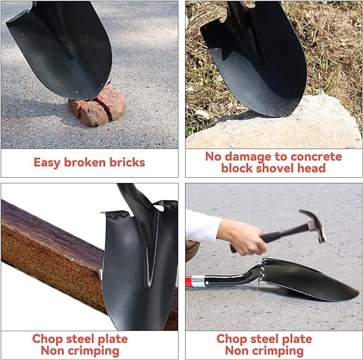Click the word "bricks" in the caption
pyautogui.click(x=127, y=162)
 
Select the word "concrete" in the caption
pyautogui.click(x=316, y=157)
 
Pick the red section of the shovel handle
pyautogui.click(x=189, y=281)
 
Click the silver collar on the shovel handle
pyautogui.click(x=198, y=281)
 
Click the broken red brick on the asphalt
pyautogui.click(x=98, y=107)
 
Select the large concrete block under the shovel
pyautogui.click(x=273, y=124)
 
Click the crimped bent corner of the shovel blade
pyautogui.click(x=117, y=215)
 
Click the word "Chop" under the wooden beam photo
pyautogui.click(x=47, y=340)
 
